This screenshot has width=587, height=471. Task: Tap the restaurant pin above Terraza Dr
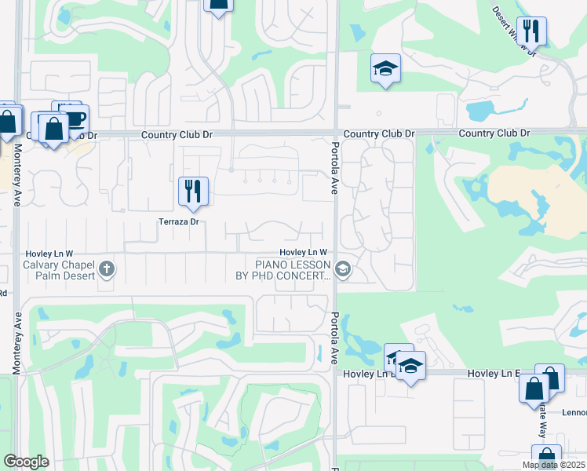pyautogui.click(x=192, y=191)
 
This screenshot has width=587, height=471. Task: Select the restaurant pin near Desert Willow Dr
pyautogui.click(x=531, y=32)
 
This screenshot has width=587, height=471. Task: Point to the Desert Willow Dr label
pyautogui.click(x=514, y=31)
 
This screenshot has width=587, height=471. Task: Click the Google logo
pyautogui.click(x=26, y=462)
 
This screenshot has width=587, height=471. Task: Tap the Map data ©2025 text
pyautogui.click(x=553, y=465)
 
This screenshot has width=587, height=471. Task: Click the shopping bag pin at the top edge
pyautogui.click(x=218, y=4)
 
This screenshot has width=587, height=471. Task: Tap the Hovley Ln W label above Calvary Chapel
pyautogui.click(x=49, y=254)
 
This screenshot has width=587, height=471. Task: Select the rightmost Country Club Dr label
pyautogui.click(x=494, y=133)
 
